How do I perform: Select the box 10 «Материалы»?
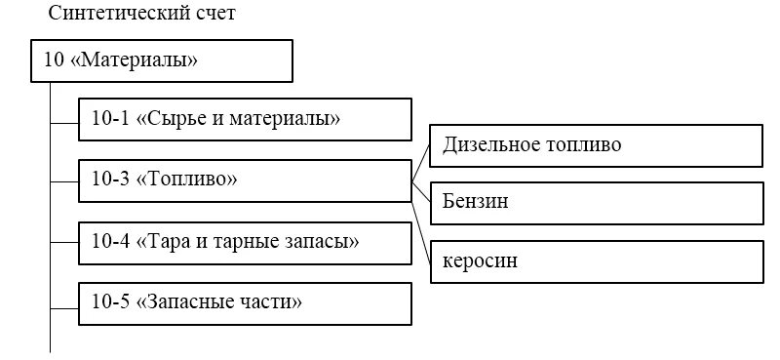pos(162,60)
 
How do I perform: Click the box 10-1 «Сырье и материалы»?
pos(245,120)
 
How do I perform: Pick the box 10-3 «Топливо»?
pos(245,180)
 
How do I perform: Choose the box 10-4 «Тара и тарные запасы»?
pos(245,241)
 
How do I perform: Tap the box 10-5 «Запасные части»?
pos(245,301)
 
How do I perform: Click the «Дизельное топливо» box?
pos(596,146)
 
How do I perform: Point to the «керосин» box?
pos(596,262)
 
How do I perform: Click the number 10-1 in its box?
pos(109,120)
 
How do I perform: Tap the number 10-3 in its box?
pos(109,180)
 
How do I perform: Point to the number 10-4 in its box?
pos(109,241)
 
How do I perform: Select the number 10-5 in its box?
pos(109,301)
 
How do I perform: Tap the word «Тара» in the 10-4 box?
pos(170,241)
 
